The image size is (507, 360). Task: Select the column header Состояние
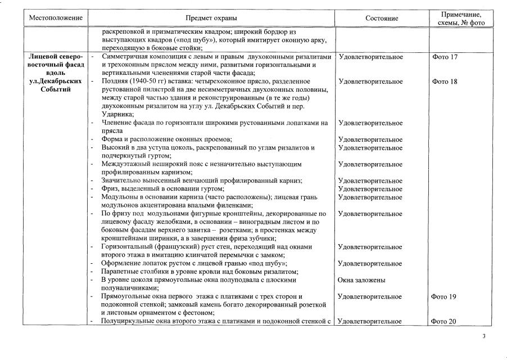click(x=382, y=18)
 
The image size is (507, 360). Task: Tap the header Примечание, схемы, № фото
click(x=460, y=18)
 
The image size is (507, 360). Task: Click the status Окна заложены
click(x=361, y=280)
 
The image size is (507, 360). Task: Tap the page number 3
click(x=484, y=336)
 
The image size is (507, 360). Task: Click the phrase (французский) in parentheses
click(x=167, y=247)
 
